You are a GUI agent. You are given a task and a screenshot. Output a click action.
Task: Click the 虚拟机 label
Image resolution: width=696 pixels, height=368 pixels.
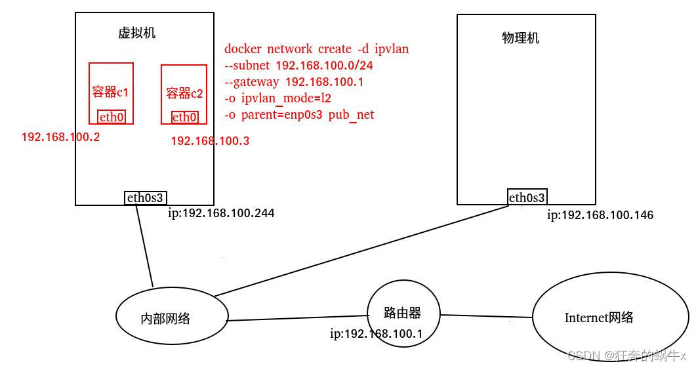(x=136, y=33)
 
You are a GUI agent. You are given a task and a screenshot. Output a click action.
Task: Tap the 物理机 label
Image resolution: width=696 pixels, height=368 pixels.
(x=520, y=38)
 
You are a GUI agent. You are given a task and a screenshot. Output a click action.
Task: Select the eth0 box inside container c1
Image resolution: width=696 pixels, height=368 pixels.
(x=112, y=117)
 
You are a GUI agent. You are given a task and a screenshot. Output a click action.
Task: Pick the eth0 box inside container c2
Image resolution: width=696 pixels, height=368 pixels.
(x=184, y=117)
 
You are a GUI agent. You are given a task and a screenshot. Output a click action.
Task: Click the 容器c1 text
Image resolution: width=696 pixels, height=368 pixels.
(x=111, y=92)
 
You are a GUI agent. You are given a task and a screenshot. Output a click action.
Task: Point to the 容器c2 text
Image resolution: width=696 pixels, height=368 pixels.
(x=184, y=93)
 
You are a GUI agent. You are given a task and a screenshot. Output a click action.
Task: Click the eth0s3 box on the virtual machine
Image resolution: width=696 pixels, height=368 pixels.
(x=146, y=197)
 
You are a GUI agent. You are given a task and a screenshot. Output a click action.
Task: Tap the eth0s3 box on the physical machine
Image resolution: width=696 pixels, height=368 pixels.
(x=527, y=197)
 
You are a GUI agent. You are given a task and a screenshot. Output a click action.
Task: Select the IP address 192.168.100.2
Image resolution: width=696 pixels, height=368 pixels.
(x=60, y=137)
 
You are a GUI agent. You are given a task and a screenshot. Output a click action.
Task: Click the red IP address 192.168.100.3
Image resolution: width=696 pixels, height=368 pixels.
(x=210, y=141)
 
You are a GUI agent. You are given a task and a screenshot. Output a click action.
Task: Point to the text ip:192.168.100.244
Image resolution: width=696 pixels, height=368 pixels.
(x=221, y=213)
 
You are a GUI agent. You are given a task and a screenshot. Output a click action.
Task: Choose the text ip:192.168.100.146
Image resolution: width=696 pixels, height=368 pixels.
(x=600, y=215)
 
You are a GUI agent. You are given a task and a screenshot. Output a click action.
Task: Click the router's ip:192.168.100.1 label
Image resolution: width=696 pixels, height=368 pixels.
(x=376, y=334)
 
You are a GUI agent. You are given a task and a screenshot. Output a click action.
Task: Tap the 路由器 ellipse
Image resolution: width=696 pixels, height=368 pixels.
(x=403, y=313)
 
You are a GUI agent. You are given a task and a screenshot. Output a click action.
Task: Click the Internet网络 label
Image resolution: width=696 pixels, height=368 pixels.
(x=599, y=317)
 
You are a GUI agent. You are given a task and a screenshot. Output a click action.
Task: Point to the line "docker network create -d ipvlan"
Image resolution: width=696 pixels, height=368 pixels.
(x=316, y=49)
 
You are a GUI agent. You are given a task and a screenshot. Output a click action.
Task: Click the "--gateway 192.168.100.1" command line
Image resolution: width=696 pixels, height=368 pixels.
(x=293, y=82)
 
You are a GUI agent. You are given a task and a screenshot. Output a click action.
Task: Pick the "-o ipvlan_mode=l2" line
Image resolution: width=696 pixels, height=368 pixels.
(x=277, y=98)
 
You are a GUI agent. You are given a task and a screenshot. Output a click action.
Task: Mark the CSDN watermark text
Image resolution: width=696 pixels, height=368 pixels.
(x=626, y=356)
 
